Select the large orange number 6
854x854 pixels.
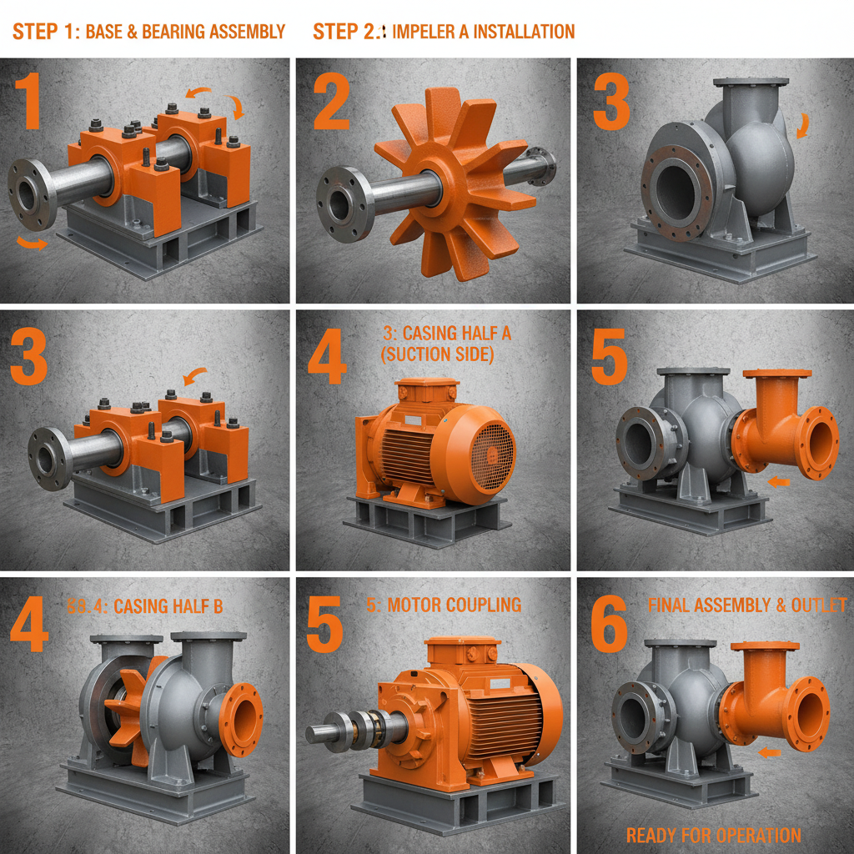click(x=609, y=624)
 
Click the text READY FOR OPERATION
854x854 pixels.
click(x=713, y=835)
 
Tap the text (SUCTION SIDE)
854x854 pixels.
click(x=437, y=354)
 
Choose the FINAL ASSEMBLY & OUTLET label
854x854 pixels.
click(x=746, y=605)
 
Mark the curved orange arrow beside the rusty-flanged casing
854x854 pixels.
click(x=803, y=125)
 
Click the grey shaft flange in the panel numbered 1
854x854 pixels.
click(x=32, y=193)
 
